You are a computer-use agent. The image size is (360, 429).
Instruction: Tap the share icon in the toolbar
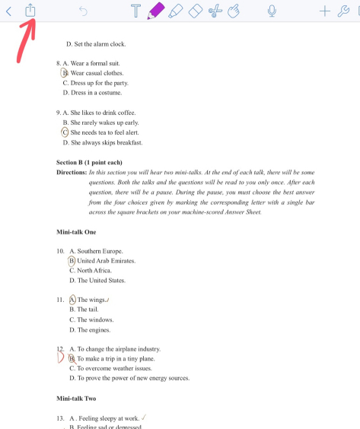coord(30,10)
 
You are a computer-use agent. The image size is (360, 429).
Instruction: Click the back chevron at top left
coord(8,11)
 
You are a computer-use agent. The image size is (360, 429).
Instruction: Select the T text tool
coord(135,11)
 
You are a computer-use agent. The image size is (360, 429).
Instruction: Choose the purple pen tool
coord(156,10)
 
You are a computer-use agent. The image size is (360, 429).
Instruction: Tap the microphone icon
coord(272,11)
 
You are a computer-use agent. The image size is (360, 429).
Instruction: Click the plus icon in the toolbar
coord(325,11)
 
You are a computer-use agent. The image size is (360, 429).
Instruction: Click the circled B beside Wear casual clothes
coord(65,73)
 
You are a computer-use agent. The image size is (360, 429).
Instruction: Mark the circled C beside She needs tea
coord(65,132)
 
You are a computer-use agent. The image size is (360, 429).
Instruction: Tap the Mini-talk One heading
coord(76,231)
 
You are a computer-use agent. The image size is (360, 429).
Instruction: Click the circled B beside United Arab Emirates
coord(72,261)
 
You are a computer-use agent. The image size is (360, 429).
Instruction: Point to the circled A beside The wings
coord(72,300)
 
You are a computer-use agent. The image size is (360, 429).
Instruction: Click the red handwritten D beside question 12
coord(60,358)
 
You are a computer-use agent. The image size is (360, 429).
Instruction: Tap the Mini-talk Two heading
coord(76,399)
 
